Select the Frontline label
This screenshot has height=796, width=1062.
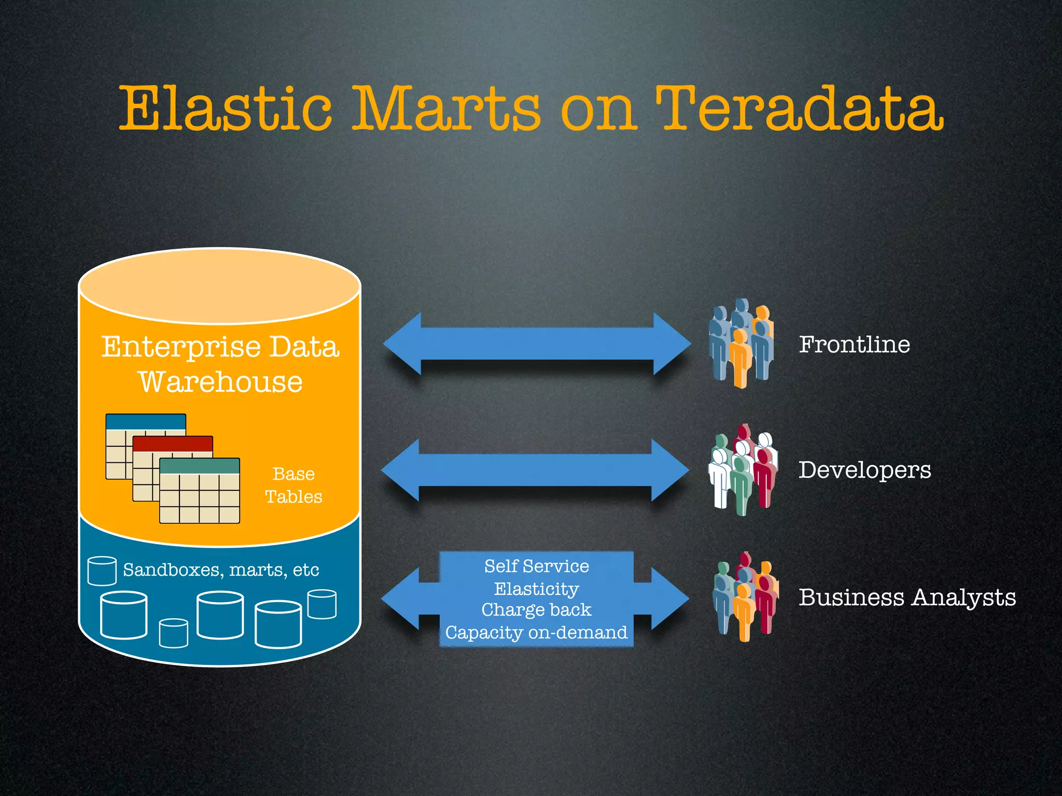(854, 345)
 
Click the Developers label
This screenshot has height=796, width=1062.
(864, 470)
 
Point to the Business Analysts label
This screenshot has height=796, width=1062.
(907, 597)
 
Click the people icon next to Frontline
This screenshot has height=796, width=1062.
(742, 343)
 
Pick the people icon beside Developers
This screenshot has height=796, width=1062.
(743, 470)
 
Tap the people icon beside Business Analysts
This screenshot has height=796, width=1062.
(745, 596)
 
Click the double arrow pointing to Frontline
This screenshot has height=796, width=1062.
(537, 344)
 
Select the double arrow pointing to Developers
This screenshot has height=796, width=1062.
(535, 470)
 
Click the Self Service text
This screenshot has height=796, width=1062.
(536, 566)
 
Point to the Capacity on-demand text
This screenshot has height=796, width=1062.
(536, 632)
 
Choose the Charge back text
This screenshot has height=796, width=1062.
(536, 610)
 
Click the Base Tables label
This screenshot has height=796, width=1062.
(294, 485)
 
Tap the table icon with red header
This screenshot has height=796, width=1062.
(173, 445)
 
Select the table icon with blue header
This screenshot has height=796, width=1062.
(145, 422)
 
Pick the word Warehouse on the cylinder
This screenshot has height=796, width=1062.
(220, 382)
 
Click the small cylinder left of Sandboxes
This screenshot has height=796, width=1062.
(102, 571)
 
